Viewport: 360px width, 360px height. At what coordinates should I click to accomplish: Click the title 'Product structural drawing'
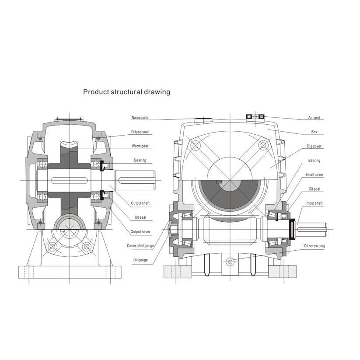tap(126, 92)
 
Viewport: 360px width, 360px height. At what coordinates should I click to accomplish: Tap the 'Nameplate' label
tap(140, 118)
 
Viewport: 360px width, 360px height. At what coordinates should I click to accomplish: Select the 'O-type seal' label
tap(140, 132)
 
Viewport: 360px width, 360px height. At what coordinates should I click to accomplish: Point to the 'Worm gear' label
tap(140, 146)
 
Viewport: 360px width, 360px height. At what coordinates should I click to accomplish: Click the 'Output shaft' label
tap(140, 203)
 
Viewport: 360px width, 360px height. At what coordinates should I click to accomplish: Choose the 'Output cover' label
tap(140, 232)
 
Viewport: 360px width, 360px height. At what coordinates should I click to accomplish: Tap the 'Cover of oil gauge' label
tap(140, 246)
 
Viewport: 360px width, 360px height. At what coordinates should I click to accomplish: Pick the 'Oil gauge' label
tap(140, 260)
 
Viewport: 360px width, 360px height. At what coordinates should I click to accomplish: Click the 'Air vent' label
tap(314, 118)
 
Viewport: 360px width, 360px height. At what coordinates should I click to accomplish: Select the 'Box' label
tap(315, 132)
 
